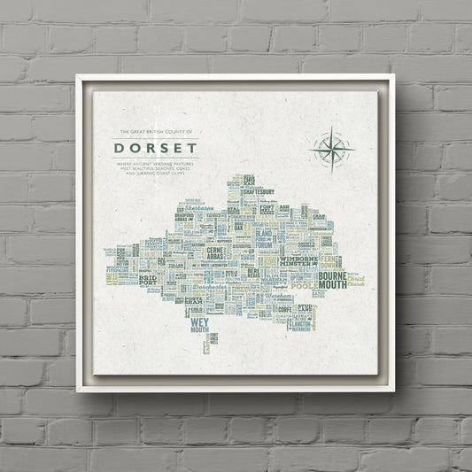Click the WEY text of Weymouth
coord(198,324)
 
